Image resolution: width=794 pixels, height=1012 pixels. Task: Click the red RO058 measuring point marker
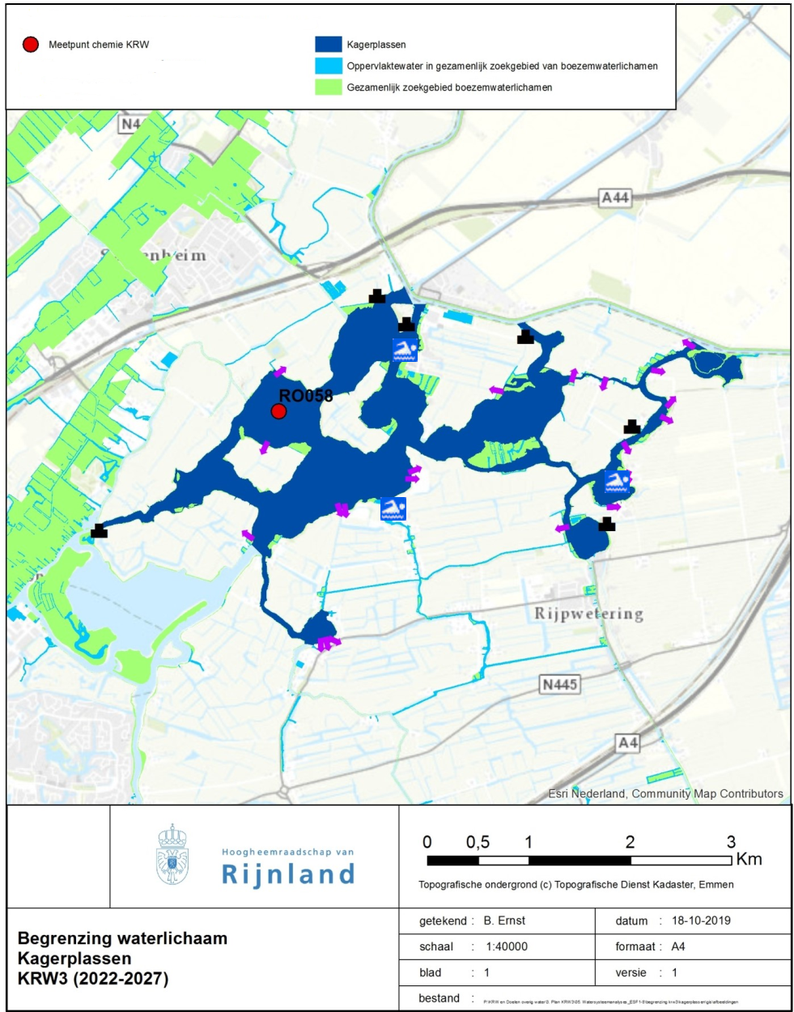[278, 411]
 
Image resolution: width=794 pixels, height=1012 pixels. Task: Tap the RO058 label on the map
[305, 396]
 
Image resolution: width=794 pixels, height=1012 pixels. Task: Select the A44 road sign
[615, 198]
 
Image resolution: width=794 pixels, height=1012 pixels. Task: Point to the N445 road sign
[560, 684]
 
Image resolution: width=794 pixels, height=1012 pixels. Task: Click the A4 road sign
[628, 742]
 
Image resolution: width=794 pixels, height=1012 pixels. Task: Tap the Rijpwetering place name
[588, 613]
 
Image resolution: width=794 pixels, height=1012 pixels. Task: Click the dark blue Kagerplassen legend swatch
[329, 45]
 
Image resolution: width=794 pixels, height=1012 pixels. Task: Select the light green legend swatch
[329, 87]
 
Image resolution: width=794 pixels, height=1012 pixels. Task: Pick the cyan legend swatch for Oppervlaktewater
[329, 66]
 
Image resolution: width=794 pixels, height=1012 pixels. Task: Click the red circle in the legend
[31, 45]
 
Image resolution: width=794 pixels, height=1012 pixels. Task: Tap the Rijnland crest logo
[172, 855]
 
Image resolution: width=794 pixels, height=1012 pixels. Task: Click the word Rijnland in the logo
[288, 874]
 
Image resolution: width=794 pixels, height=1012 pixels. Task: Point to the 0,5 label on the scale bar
[478, 842]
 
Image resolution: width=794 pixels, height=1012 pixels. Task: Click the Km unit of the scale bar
[749, 859]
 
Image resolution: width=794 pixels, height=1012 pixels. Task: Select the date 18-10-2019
[701, 921]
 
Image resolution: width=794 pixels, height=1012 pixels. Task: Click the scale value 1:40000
[507, 946]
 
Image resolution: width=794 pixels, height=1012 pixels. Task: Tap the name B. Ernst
[504, 921]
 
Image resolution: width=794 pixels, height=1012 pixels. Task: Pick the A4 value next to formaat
[678, 946]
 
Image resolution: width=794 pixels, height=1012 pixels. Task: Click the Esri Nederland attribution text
[665, 793]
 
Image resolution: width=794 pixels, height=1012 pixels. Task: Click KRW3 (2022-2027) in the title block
[93, 978]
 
